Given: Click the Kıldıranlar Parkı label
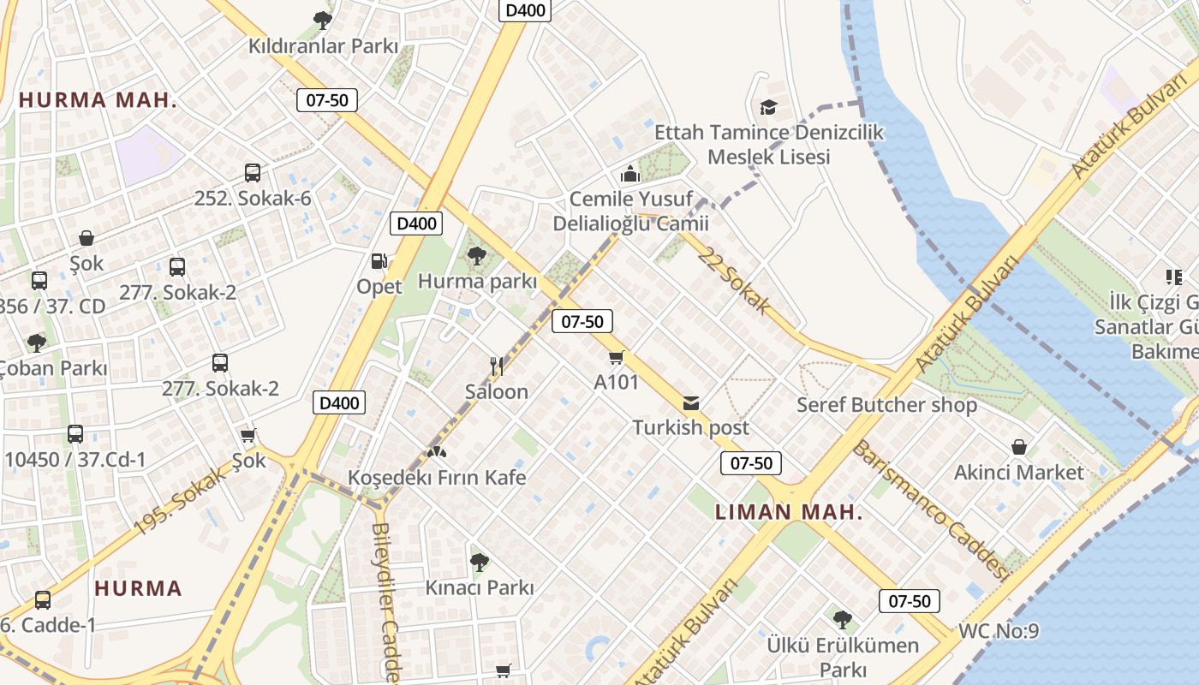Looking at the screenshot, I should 324,45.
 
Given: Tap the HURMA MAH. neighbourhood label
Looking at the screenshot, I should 98,100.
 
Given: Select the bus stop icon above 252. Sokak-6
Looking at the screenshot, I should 253,173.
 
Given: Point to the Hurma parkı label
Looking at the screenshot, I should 477,281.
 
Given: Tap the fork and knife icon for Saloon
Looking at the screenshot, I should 497,366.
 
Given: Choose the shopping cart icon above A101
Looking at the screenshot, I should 617,357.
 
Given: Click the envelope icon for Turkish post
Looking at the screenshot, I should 690,403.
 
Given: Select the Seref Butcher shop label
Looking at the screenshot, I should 886,405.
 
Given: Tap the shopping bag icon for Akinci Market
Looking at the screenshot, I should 1019,447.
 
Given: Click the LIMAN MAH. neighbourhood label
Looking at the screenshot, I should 789,513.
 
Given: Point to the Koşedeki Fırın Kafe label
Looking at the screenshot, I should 437,477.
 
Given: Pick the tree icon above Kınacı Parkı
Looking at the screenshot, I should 480,563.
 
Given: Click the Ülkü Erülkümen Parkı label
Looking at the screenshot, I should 843,657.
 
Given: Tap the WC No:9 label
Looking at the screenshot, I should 999,632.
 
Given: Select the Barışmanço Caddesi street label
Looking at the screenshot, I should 930,510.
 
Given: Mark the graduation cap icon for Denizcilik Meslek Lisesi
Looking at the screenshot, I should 768,108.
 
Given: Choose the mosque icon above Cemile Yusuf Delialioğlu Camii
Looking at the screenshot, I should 630,175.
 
